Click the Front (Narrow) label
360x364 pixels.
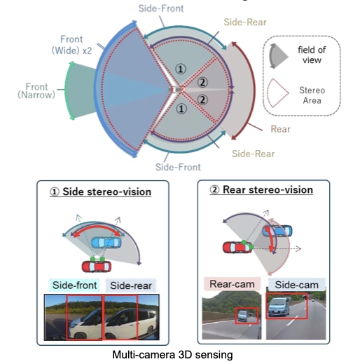click(36, 90)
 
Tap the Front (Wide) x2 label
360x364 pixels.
click(71, 45)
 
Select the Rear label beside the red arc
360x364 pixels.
click(280, 129)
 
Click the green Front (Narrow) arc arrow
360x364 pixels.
click(66, 90)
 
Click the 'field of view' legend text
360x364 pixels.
click(312, 55)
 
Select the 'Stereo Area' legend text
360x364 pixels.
click(312, 95)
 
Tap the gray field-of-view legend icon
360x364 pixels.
click(278, 56)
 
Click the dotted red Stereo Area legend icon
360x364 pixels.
click(278, 93)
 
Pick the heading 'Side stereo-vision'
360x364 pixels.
click(107, 192)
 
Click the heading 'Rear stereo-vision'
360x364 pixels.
click(268, 190)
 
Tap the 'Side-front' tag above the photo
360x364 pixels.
click(74, 285)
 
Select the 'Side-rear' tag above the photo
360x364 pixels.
click(131, 285)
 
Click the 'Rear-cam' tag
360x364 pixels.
click(232, 284)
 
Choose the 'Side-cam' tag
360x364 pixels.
click(296, 285)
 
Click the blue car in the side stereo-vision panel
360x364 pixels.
click(106, 243)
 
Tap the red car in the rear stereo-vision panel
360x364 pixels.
click(237, 248)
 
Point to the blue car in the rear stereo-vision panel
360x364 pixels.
click(277, 231)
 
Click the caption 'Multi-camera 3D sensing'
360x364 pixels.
click(172, 355)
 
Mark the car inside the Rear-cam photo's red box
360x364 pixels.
click(242, 316)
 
